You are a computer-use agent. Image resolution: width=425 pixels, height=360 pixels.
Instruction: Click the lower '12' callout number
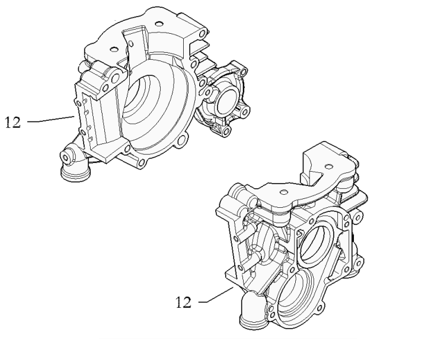(184, 303)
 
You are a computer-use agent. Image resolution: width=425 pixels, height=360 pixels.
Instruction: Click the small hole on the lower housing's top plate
(283, 191)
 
